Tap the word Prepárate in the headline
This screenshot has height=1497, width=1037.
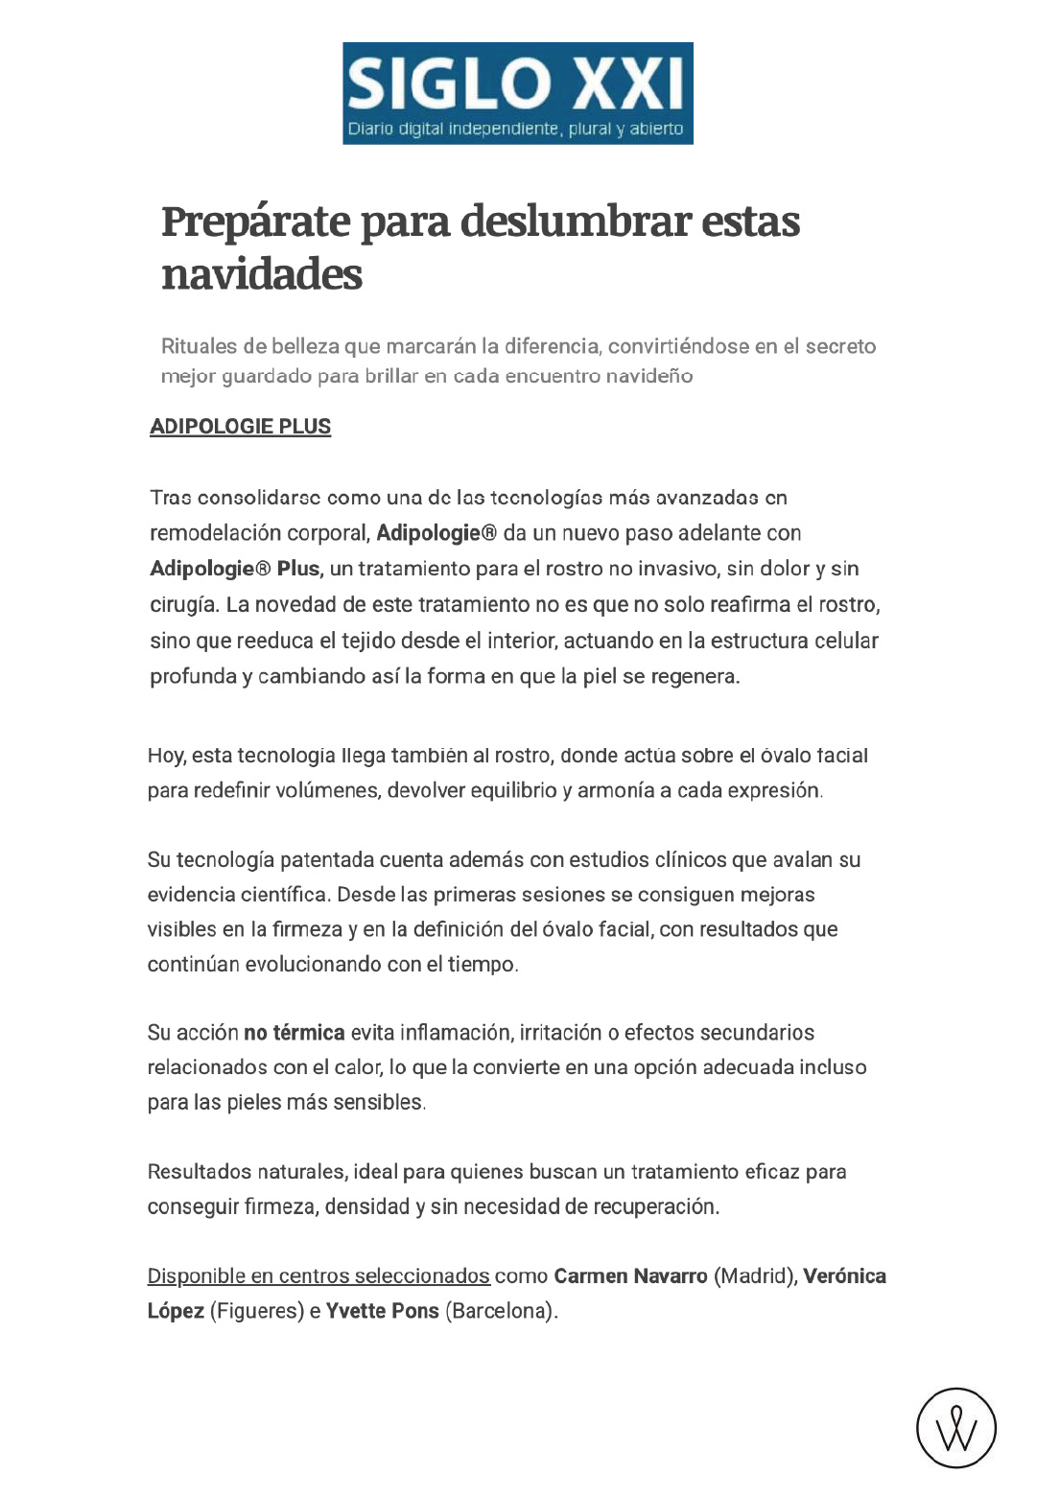coord(255,222)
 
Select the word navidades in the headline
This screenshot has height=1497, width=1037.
coord(262,274)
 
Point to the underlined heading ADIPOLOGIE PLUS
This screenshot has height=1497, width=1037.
coord(240,427)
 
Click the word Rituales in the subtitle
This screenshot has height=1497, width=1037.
coord(200,346)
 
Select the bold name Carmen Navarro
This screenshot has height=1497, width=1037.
coord(630,1276)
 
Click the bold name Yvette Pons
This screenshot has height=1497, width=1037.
coord(382,1311)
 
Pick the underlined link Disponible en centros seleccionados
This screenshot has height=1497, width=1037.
coord(318,1276)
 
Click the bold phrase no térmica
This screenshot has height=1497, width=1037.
coord(294,1033)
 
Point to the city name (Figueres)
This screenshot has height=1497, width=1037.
coord(256,1311)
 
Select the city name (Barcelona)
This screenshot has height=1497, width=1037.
coord(502,1311)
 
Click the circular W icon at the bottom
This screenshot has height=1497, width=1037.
coord(955,1428)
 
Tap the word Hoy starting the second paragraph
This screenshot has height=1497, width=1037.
coord(166,756)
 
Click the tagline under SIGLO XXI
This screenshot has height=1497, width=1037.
coord(515,129)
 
